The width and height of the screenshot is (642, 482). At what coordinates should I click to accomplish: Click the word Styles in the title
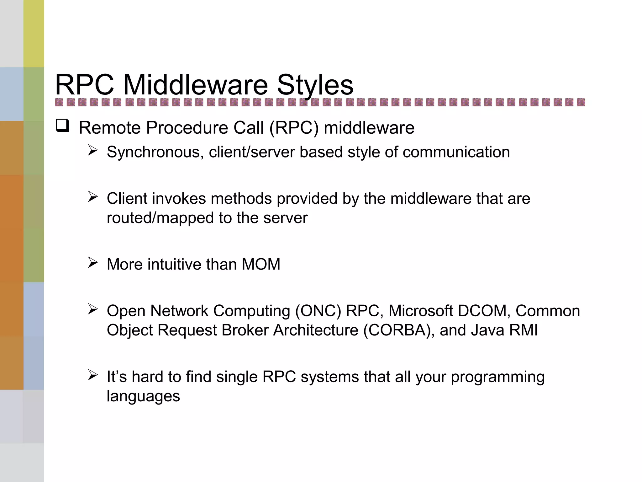315,85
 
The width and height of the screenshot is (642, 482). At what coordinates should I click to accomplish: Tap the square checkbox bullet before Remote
62,126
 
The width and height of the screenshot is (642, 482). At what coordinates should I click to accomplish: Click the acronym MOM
261,264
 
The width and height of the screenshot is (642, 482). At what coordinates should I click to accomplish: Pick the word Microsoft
421,311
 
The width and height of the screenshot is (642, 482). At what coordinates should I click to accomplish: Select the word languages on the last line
143,396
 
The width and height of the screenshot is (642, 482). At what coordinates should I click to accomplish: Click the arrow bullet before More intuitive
93,262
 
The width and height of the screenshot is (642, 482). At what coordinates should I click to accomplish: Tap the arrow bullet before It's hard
93,375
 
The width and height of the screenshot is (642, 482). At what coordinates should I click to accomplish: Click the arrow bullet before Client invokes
93,197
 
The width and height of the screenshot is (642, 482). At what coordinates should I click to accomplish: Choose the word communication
456,152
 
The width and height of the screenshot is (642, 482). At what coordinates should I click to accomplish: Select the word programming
497,377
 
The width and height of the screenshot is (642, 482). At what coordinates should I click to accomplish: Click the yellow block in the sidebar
34,34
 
